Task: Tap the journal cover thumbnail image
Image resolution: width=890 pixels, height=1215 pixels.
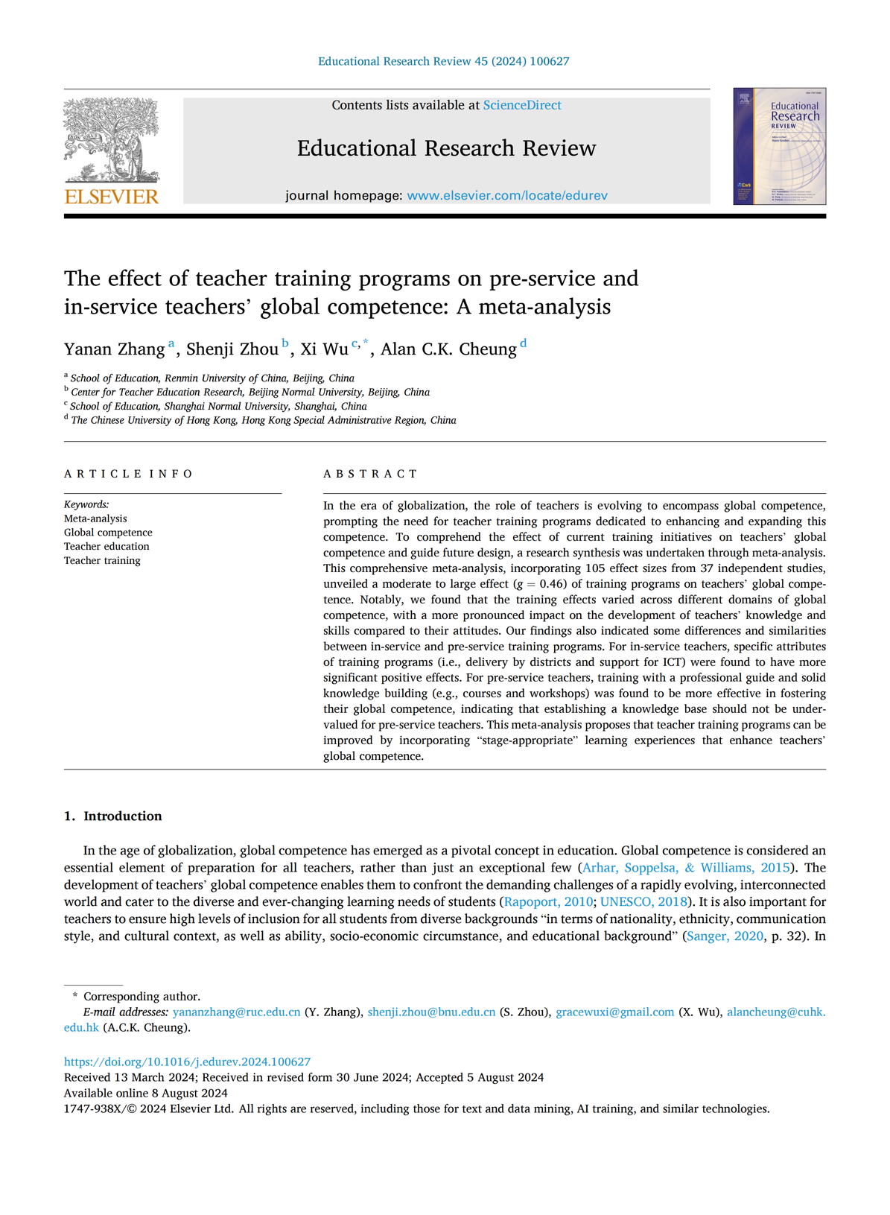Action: click(x=779, y=146)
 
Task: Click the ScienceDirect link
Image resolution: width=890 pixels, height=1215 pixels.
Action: click(x=522, y=105)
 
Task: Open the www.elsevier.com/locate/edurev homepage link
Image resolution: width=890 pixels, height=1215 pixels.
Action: click(x=507, y=195)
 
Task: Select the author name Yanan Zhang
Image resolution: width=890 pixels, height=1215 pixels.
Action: click(x=114, y=349)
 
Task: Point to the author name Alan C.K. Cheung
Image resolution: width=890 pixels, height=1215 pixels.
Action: click(x=448, y=349)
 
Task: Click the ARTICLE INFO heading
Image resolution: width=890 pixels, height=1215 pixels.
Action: click(x=128, y=474)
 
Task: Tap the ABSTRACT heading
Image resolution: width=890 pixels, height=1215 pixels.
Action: click(x=370, y=474)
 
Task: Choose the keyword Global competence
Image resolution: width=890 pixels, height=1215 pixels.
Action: click(x=108, y=533)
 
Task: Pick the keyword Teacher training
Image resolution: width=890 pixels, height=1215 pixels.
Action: click(x=102, y=560)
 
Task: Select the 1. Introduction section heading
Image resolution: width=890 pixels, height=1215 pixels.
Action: click(x=112, y=816)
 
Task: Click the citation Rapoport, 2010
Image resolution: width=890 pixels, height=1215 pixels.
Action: click(x=548, y=902)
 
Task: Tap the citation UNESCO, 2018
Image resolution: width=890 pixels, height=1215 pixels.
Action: click(x=643, y=902)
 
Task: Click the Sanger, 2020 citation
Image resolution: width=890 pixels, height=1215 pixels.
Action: click(x=725, y=936)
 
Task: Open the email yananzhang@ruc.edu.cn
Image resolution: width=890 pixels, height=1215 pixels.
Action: click(x=236, y=1012)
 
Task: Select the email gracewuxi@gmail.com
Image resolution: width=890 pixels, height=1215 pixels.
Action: click(x=615, y=1012)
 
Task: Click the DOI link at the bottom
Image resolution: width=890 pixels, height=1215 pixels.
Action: click(x=187, y=1062)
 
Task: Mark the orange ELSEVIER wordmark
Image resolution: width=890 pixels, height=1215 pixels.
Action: click(x=112, y=197)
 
